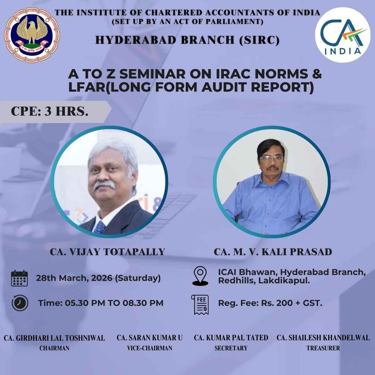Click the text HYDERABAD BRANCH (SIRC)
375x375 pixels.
(x=187, y=40)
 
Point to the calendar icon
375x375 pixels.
(x=19, y=278)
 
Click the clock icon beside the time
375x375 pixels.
(x=20, y=303)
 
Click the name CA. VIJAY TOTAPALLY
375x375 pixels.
(x=107, y=252)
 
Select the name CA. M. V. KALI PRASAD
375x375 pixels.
(x=273, y=252)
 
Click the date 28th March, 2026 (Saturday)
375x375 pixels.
(x=98, y=278)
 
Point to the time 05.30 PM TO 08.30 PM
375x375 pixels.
(x=101, y=303)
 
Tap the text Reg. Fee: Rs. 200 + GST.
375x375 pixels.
(x=270, y=303)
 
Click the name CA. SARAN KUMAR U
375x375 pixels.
(x=150, y=338)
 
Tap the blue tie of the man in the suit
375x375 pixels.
(x=100, y=227)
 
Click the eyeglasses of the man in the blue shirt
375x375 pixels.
(x=271, y=159)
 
